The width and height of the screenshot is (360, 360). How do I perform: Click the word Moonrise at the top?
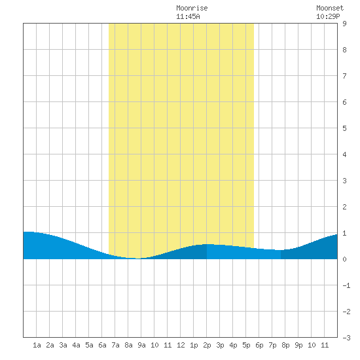(x=192, y=8)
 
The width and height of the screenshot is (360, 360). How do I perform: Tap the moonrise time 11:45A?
(x=188, y=16)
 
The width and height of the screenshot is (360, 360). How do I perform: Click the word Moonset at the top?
(x=330, y=8)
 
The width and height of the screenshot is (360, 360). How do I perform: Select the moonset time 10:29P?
(x=328, y=16)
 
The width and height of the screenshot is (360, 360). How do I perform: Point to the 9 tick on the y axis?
(x=344, y=24)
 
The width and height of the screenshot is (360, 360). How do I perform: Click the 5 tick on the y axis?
(x=344, y=128)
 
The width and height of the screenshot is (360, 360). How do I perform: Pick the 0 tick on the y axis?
(x=344, y=259)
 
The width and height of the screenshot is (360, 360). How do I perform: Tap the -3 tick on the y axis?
(x=346, y=338)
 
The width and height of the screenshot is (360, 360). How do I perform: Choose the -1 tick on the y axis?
(x=346, y=285)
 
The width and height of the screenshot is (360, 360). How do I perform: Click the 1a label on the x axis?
(x=37, y=345)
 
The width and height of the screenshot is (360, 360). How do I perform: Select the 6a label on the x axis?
(x=102, y=345)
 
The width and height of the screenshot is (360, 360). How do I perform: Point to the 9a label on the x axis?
(x=141, y=345)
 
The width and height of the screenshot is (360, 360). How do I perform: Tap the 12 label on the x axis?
(x=181, y=345)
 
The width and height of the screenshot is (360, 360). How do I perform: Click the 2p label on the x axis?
(x=207, y=345)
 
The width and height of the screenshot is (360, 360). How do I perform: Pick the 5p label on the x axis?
(x=246, y=345)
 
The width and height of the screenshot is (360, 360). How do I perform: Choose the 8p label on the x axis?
(x=285, y=345)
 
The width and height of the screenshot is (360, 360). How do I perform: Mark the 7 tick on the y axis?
(x=344, y=76)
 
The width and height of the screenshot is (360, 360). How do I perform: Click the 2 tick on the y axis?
(x=344, y=207)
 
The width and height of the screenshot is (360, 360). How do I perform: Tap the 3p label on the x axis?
(x=220, y=345)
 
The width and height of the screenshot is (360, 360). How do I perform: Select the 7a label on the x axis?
(x=115, y=345)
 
